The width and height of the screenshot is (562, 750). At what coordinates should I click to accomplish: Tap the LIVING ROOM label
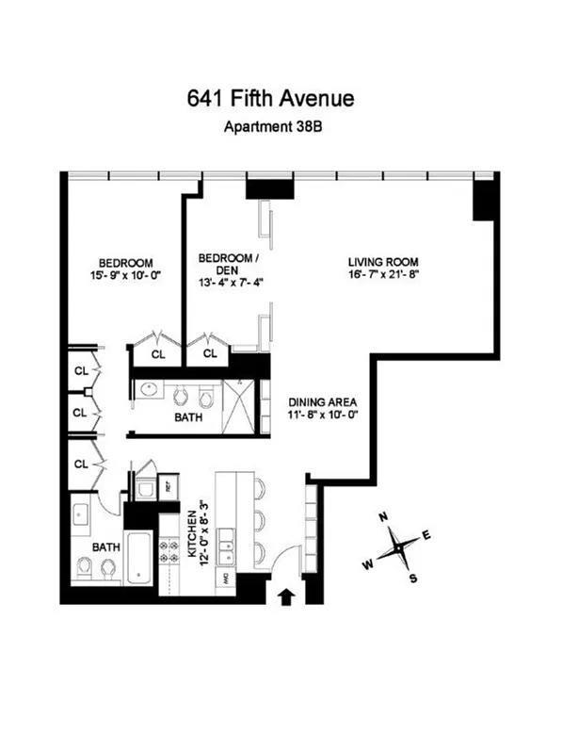pos(383,261)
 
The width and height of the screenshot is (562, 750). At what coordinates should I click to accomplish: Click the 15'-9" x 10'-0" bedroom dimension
pos(127,277)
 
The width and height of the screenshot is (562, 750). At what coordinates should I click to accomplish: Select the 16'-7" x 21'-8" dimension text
pos(383,275)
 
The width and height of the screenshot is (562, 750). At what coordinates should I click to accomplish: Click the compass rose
pos(399,546)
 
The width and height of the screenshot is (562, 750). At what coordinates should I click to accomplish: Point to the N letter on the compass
pos(383,517)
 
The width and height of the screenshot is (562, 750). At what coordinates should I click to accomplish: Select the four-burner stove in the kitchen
pos(170,551)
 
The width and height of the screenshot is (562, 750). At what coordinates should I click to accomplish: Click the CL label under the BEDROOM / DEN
pos(210,354)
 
